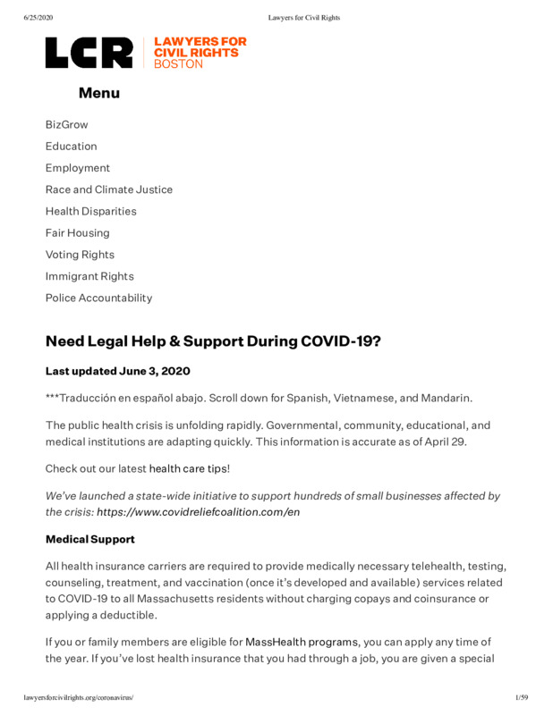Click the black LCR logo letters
tap(89, 54)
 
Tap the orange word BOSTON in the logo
tap(178, 64)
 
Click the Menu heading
tap(98, 93)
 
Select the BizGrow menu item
tap(67, 124)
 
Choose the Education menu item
tap(72, 146)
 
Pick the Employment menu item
tap(78, 168)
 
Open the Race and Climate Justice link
tap(109, 189)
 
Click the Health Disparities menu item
tap(91, 211)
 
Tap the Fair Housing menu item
tap(78, 232)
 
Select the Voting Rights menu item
tap(80, 255)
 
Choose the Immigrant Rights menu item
tap(89, 276)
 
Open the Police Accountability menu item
tap(99, 298)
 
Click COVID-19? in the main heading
tap(341, 341)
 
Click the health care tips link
tap(189, 467)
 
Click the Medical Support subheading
tap(90, 540)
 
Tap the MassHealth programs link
tap(302, 642)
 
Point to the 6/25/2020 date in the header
tap(39, 18)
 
